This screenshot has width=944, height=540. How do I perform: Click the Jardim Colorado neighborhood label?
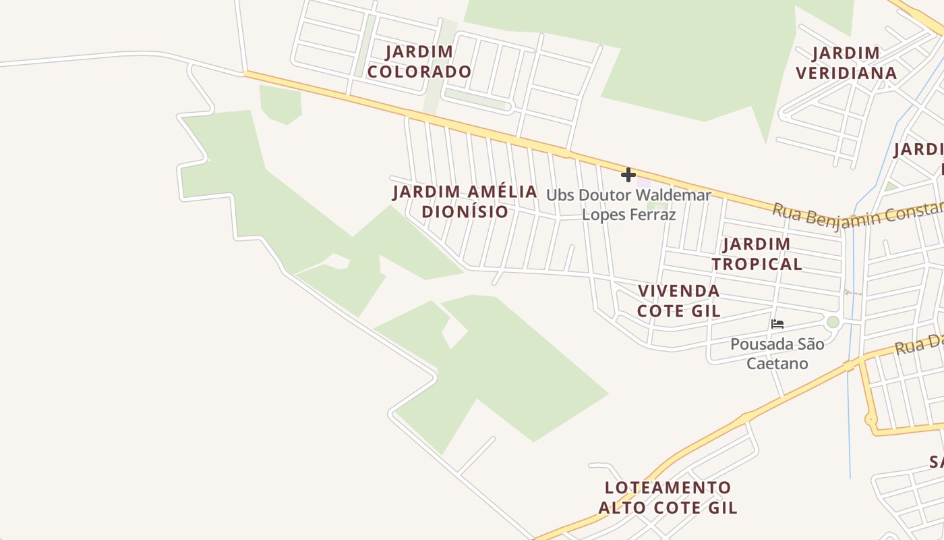coord(419,61)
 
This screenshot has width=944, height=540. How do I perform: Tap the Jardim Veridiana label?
coord(846,63)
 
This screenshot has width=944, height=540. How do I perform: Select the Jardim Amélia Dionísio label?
coord(465,201)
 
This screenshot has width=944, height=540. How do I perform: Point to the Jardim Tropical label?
coord(757,254)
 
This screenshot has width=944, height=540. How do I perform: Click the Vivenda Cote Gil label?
coord(678,301)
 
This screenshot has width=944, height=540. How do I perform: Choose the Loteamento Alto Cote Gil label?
coord(668,497)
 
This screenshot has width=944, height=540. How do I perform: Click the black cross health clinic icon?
coord(628,175)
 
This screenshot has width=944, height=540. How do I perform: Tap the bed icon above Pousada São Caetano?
coord(777,324)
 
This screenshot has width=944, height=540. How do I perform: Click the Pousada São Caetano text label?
coord(777,354)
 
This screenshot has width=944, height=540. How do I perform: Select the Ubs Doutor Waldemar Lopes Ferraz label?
coord(628,205)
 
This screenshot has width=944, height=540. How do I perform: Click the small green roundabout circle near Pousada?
coord(833,322)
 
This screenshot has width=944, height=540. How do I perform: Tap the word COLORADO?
coord(419,72)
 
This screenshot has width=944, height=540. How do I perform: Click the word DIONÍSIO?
coord(465,211)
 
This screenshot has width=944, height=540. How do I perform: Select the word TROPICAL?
coord(757,264)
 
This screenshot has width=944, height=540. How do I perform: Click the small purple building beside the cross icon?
coord(644,182)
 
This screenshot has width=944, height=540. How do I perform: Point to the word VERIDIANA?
coord(846,73)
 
